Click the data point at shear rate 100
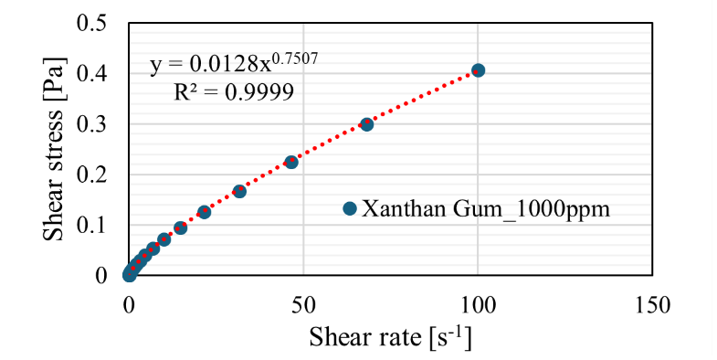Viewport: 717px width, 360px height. coord(478,70)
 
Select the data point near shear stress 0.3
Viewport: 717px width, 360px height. coord(367,124)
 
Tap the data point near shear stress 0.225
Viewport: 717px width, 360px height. coord(291,162)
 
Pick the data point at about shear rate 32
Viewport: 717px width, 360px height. coord(239,191)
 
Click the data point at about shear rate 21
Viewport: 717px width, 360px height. coord(204,212)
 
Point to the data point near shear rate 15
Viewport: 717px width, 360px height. coord(181,228)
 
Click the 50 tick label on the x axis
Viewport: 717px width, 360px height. coord(303,304)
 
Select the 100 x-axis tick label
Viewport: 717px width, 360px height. coord(478,304)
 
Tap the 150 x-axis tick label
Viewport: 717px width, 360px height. coord(652,304)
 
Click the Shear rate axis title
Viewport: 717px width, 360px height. coord(390,337)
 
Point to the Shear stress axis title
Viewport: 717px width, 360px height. coord(54,149)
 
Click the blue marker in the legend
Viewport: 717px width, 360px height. coord(350,208)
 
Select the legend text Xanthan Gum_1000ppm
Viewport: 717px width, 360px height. coord(486,209)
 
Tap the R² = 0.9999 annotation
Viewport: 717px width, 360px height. coord(234,92)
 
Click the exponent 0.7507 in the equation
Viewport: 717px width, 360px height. coord(294,59)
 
